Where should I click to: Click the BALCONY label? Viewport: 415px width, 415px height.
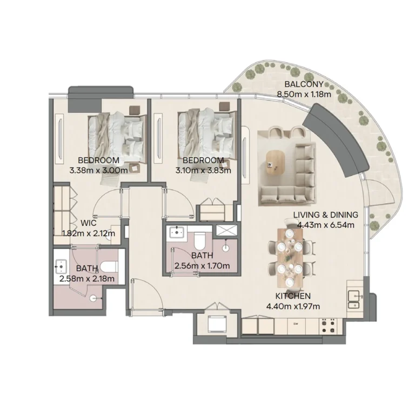coord(304,84)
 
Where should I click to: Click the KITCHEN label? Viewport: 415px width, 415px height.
coord(292,297)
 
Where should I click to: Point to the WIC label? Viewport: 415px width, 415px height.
coord(89,223)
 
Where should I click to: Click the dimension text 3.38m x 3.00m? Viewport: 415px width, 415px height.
coord(98,170)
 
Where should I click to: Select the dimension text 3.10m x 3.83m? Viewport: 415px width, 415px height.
coord(203,170)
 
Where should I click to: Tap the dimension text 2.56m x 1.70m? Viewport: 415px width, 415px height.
coord(202,265)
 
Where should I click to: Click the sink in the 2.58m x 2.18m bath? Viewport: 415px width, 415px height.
coord(61,266)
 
